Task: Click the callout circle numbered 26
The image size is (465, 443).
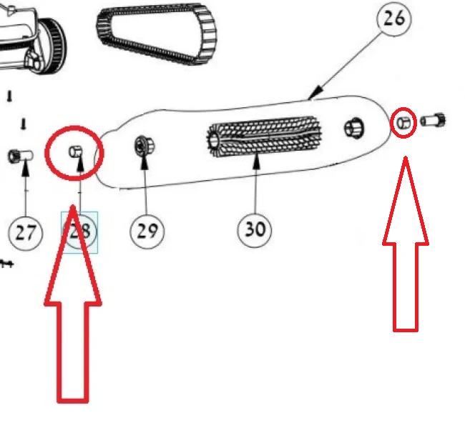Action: pos(394,19)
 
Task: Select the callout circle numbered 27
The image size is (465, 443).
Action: pos(26,233)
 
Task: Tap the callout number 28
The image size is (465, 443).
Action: pos(79,232)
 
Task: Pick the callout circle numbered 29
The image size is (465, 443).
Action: pos(147,232)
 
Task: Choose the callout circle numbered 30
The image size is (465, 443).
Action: pos(255,230)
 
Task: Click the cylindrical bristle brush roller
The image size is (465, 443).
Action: pos(263,136)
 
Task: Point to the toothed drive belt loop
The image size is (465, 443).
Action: pos(157,34)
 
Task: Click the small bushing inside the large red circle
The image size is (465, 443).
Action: pos(75,151)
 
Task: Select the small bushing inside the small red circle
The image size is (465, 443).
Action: pos(404,123)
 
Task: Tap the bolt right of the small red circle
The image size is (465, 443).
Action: pos(433,120)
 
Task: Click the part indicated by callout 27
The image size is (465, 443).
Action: pos(20,156)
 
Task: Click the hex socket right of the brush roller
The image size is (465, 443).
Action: pos(354,128)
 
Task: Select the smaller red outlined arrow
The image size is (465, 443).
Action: pos(406,246)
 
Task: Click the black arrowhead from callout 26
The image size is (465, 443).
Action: pos(315,91)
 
